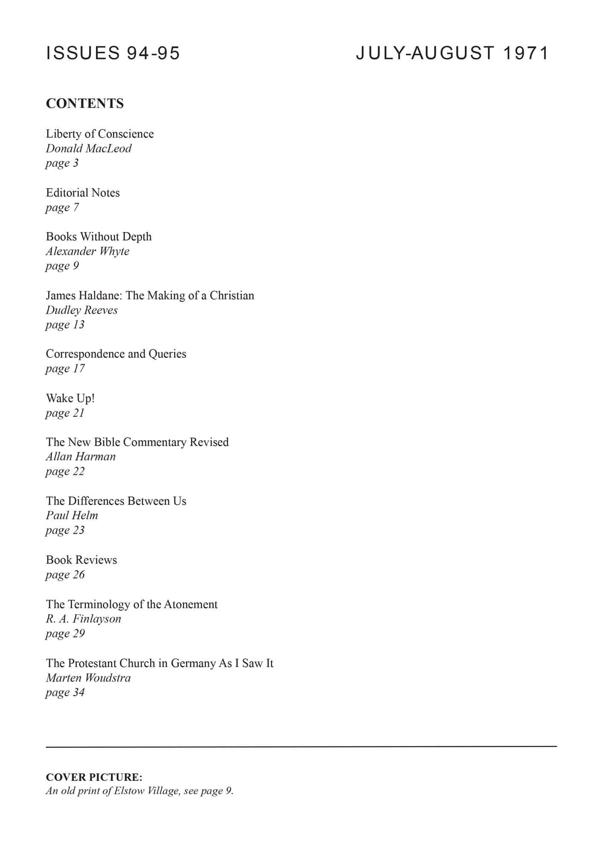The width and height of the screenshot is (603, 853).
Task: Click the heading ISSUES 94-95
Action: (113, 53)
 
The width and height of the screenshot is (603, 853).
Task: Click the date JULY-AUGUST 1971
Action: (452, 53)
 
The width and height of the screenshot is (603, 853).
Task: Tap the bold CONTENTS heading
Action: (85, 104)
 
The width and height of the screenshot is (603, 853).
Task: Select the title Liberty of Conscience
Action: (100, 134)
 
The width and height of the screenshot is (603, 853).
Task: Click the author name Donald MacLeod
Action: (89, 148)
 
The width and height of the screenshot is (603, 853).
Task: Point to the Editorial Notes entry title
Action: (83, 193)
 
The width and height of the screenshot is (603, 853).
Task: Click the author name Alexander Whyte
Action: (87, 251)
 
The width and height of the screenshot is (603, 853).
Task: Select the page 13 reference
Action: (65, 325)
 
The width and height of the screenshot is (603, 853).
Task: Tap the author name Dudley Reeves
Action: (82, 310)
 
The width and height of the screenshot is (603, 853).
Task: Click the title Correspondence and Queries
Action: (116, 354)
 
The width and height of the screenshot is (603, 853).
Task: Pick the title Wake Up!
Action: (70, 398)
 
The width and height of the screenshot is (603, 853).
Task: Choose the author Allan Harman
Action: (81, 457)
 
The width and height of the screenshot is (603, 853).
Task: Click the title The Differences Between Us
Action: (116, 501)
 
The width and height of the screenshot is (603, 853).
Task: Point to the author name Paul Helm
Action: (72, 516)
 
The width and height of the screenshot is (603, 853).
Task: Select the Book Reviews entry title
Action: (81, 560)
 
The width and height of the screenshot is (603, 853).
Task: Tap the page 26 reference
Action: (65, 574)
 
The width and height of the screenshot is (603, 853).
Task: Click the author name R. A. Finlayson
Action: (84, 619)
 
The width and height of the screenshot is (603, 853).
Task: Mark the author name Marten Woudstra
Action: (88, 678)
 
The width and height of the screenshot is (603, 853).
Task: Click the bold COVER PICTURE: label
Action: (94, 777)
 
